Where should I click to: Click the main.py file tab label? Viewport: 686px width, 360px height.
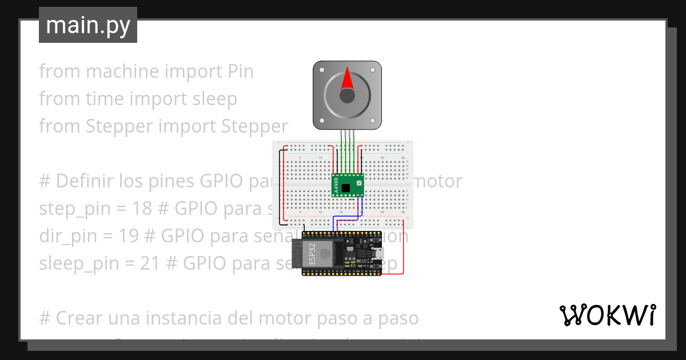click(88, 25)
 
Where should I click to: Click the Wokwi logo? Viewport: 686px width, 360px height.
click(607, 315)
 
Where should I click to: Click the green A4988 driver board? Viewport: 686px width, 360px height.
click(348, 185)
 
